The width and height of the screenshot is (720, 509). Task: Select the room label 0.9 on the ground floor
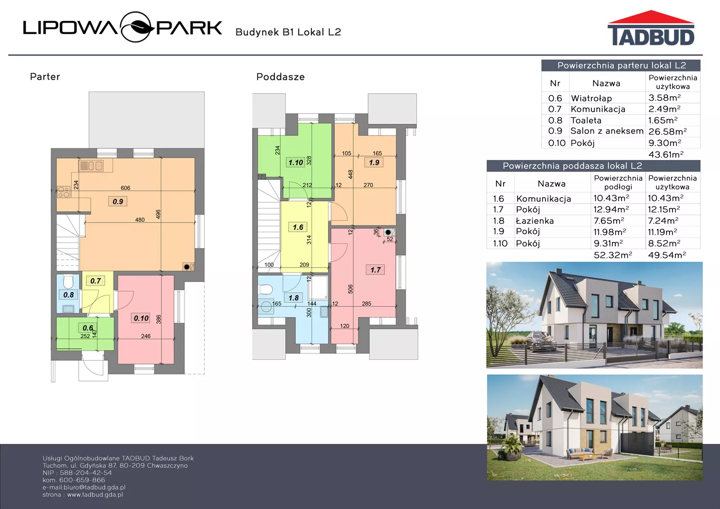pos(118,202)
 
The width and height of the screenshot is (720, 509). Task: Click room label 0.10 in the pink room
pos(141,318)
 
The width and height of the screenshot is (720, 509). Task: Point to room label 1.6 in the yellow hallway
pos(298,227)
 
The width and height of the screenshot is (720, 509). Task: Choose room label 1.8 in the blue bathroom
pos(294,298)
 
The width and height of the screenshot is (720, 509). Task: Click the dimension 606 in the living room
pos(125,188)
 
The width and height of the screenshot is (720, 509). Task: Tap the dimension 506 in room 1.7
pos(350,289)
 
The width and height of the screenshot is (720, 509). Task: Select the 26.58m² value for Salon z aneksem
pos(668,131)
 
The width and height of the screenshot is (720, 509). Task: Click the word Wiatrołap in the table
pos(591,98)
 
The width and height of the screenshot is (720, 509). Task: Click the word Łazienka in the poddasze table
pos(535,221)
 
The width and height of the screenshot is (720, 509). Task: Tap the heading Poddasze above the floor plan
pos(280,77)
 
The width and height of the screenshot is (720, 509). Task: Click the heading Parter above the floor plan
pos(45,77)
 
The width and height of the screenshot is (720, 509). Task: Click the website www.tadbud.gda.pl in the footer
pos(95,494)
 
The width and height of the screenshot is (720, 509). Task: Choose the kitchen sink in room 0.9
pos(91,166)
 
